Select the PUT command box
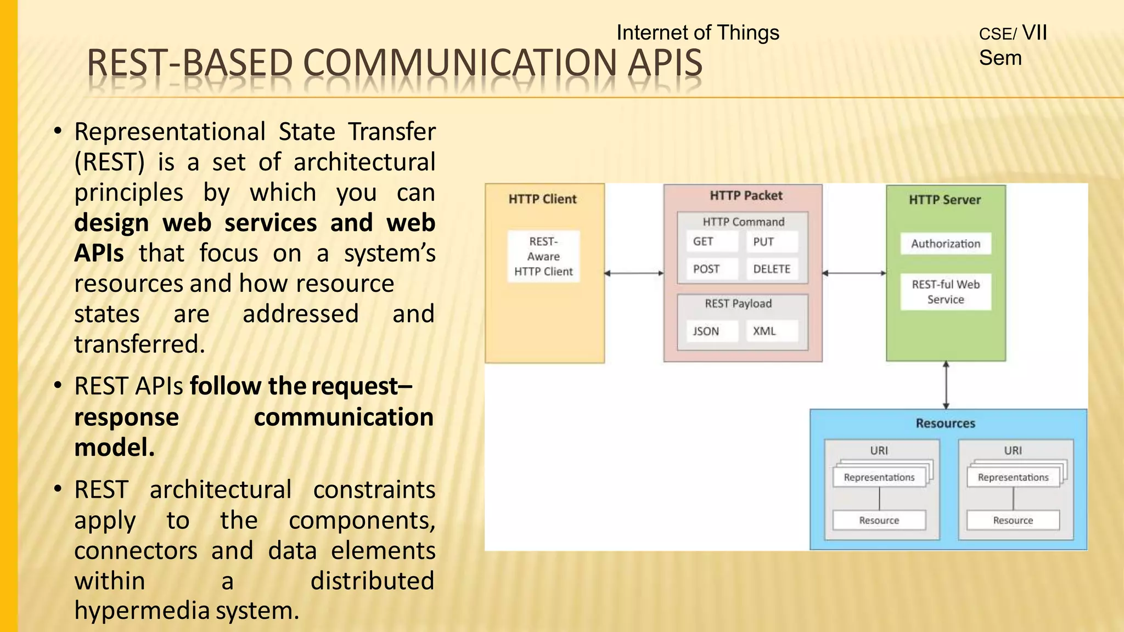click(771, 242)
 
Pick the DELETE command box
click(771, 269)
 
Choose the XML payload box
click(771, 331)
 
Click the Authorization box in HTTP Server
click(945, 244)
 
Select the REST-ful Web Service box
click(945, 292)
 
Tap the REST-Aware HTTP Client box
click(543, 257)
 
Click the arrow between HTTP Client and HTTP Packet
click(634, 273)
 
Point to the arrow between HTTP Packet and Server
click(854, 273)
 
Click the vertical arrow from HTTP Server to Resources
click(946, 385)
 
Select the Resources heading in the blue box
click(945, 424)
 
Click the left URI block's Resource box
click(879, 520)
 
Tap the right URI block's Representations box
click(1013, 478)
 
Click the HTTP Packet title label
click(745, 196)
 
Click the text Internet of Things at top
click(698, 33)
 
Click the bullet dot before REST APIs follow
click(58, 386)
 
